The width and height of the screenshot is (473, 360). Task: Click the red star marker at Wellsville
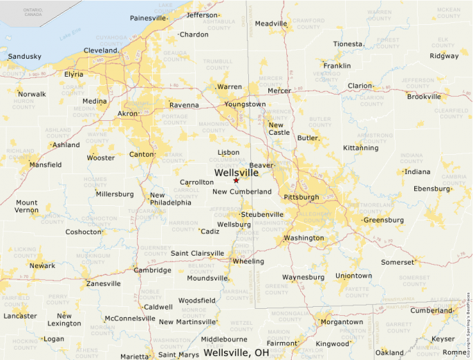click(x=236, y=180)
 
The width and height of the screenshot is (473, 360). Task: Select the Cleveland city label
click(x=100, y=50)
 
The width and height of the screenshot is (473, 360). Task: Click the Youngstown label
click(x=245, y=104)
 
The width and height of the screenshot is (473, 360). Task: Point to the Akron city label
click(x=128, y=113)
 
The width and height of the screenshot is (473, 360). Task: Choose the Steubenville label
click(x=261, y=214)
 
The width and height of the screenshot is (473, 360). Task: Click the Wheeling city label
click(x=248, y=261)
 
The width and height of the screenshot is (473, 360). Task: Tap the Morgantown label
click(x=342, y=322)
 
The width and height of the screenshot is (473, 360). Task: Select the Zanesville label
click(x=103, y=283)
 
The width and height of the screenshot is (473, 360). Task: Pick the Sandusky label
click(x=25, y=56)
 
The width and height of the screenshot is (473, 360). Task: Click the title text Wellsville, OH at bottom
click(x=236, y=352)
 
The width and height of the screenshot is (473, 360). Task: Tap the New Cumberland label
click(x=242, y=191)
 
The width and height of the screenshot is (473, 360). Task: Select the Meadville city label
click(x=270, y=23)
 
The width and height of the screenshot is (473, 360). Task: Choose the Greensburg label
click(x=383, y=220)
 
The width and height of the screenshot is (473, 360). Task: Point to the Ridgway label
click(x=444, y=56)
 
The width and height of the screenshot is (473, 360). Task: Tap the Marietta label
click(x=134, y=356)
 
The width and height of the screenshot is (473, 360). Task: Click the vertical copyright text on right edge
click(x=469, y=318)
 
